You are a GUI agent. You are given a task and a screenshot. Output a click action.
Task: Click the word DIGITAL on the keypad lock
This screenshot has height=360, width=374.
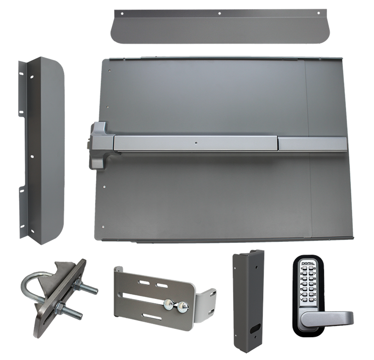[308, 264]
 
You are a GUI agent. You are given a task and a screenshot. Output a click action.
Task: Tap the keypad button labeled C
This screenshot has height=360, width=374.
[311, 300]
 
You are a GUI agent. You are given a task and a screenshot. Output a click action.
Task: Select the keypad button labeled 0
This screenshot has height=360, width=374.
[311, 289]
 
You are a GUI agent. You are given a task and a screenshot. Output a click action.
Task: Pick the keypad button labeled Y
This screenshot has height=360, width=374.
[305, 300]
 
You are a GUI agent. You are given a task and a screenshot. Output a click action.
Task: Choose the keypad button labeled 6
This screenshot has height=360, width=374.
[311, 268]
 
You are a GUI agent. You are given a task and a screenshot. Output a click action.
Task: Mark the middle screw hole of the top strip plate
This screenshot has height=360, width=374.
[220, 14]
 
